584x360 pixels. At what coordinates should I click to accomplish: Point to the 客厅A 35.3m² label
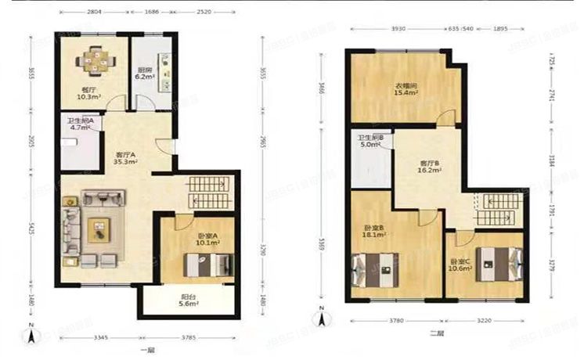pos(126,159)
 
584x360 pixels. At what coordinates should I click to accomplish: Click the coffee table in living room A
pos(99,226)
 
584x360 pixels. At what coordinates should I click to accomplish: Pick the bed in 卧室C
pos(496,264)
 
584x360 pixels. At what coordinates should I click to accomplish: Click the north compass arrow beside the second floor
pos(319,319)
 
